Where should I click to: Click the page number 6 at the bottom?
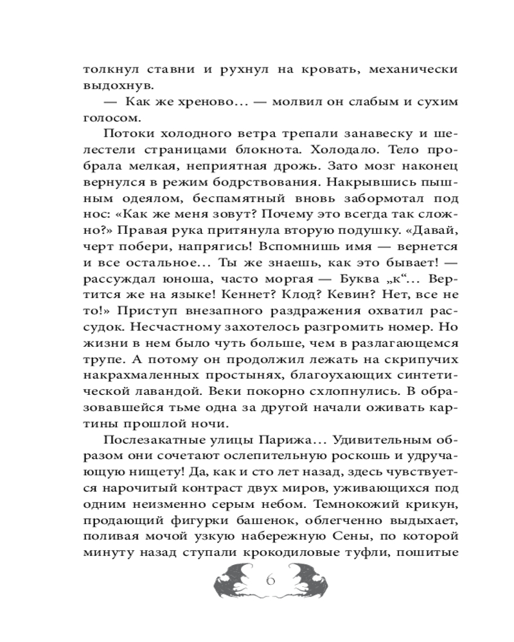tap(269, 582)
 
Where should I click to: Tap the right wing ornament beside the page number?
tap(307, 582)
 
